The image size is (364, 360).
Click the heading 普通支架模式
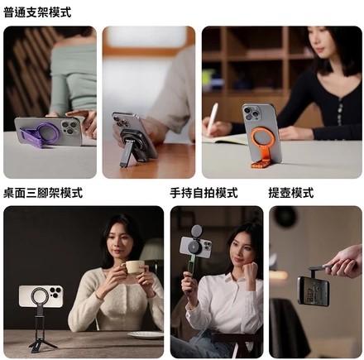[x=37, y=12]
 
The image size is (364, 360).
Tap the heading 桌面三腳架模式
[x=43, y=193]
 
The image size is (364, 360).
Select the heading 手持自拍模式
[x=204, y=193]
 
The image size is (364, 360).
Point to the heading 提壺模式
[x=291, y=193]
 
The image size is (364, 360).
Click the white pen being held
[x=213, y=118]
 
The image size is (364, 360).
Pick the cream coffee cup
[x=133, y=267]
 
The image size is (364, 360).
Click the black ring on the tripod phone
[x=41, y=296]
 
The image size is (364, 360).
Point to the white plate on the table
[x=146, y=335]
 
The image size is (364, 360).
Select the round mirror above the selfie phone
[x=196, y=230]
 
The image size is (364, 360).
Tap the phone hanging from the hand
[x=314, y=292]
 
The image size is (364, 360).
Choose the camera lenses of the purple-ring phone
[x=69, y=127]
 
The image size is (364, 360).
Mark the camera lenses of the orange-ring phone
[x=251, y=113]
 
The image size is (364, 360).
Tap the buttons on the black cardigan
[x=340, y=113]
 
